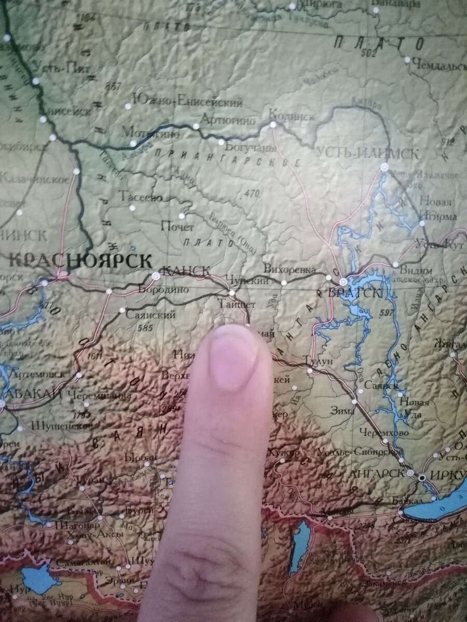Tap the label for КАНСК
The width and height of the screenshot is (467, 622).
186,271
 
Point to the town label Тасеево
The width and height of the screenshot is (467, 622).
141,197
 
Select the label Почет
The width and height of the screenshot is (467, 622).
177,227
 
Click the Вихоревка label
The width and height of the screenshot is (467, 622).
290,270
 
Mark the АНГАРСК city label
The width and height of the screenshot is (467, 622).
376,473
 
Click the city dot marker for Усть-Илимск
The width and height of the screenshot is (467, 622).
384,167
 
